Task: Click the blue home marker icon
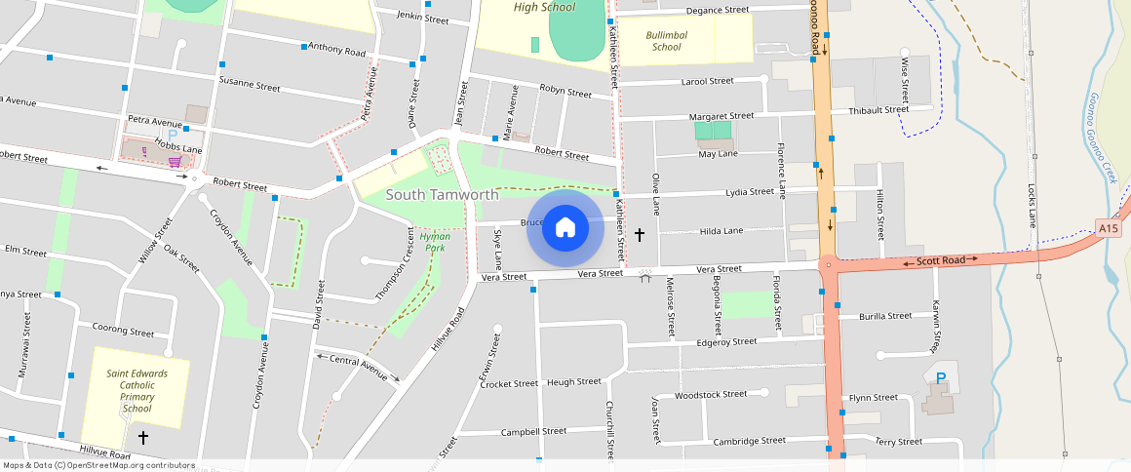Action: click(565, 228)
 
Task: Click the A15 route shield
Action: click(1107, 228)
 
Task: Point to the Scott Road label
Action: click(940, 260)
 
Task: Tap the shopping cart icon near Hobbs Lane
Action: click(175, 162)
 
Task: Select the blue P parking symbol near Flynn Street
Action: click(941, 378)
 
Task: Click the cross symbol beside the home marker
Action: click(640, 234)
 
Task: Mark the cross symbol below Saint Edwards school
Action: click(143, 438)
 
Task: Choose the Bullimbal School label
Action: click(666, 40)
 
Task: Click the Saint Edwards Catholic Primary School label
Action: click(136, 391)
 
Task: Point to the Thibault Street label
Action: click(877, 110)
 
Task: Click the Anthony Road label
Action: click(335, 49)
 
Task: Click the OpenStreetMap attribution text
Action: click(97, 465)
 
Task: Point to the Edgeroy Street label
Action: click(726, 342)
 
